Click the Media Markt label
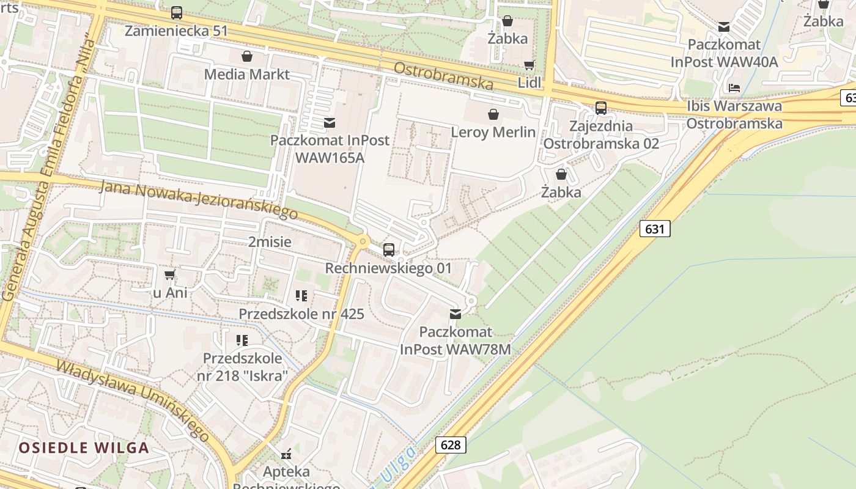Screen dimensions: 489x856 tap(247, 74)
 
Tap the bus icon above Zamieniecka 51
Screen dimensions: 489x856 tap(177, 12)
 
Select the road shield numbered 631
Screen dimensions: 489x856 tap(655, 229)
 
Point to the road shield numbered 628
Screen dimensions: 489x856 tap(451, 444)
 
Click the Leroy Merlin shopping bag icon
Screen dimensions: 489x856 tap(493, 114)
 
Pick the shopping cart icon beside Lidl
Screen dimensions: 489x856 tap(529, 65)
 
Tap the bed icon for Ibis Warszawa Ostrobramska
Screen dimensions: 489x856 tap(734, 87)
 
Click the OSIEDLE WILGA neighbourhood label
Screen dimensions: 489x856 tap(84, 447)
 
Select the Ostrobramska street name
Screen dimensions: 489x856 tap(443, 76)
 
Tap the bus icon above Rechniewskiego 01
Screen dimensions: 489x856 tap(388, 249)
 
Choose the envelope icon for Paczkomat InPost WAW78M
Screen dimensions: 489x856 tap(456, 314)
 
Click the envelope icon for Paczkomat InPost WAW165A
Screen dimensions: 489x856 tap(330, 123)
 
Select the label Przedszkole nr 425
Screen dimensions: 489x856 tap(301, 314)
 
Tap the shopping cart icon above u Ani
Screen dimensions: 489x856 tap(170, 274)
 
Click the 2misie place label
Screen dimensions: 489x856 tap(270, 241)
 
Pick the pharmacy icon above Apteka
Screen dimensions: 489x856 tap(286, 454)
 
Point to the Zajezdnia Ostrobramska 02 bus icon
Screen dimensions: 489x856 tap(601, 108)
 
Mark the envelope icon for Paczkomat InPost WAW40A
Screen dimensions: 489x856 tap(724, 27)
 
